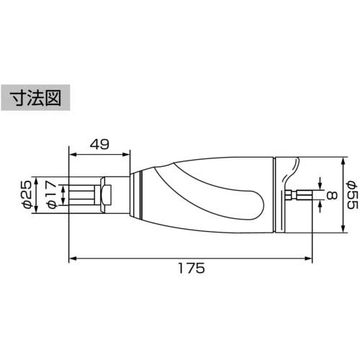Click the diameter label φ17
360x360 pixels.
pos(50,194)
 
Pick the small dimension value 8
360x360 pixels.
pos(330,194)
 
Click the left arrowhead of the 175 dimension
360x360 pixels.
pos(72,256)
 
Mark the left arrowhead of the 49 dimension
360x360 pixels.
pos(72,153)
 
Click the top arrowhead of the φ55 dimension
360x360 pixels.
pos(339,158)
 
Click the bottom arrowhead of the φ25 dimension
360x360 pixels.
pos(38,210)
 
